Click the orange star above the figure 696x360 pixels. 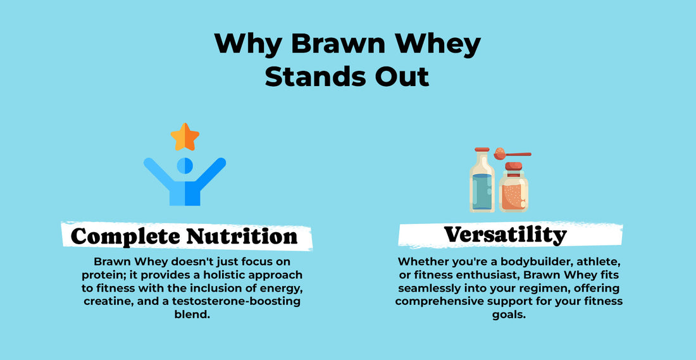point(185,137)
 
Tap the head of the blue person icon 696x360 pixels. point(185,166)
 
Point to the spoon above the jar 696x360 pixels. point(513,154)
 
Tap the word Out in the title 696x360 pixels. point(402,76)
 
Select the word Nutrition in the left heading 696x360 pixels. point(242,236)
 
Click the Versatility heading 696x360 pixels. point(505,234)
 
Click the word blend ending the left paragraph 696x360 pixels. point(191,315)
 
